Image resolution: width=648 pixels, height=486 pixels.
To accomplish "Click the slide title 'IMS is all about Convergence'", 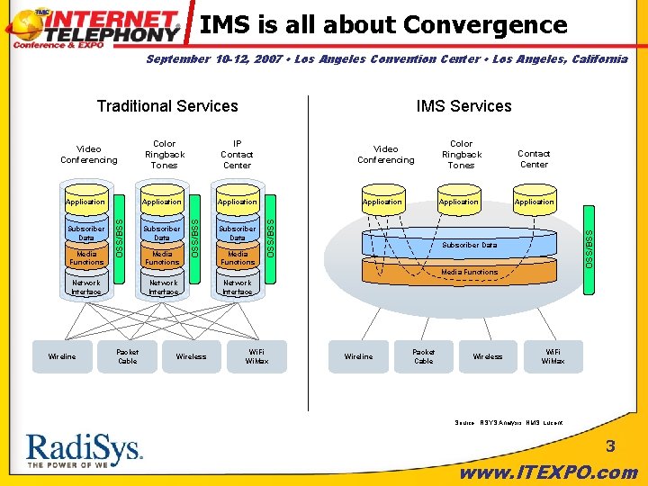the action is coord(383,24).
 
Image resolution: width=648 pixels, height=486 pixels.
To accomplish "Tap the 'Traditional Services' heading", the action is coord(167,106).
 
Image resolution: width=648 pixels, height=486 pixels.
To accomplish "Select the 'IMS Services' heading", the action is coord(463,106).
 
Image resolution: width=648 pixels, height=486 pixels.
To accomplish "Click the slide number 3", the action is coord(609,446).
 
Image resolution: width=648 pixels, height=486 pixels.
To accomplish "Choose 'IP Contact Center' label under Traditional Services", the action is coord(237,154).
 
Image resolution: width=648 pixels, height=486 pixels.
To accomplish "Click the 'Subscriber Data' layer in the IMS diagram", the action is coord(468,245).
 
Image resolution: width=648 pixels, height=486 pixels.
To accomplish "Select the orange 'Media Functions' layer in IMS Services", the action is coord(468,271).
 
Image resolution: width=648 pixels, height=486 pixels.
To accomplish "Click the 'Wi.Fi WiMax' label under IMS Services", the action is coord(553,356).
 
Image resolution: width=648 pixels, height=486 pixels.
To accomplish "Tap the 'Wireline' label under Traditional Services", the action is coord(62,356).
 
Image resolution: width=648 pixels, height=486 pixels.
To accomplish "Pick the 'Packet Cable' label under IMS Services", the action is coord(423,356).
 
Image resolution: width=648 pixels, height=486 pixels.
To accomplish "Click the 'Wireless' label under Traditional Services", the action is coord(191,356).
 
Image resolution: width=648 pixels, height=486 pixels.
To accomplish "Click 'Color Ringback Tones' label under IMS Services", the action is coord(461,154).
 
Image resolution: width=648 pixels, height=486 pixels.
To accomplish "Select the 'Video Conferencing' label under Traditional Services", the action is coord(88,154).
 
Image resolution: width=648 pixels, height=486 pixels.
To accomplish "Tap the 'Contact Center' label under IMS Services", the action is coord(534,158).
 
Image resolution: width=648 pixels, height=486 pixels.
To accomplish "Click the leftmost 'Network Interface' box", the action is coord(86,287).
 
